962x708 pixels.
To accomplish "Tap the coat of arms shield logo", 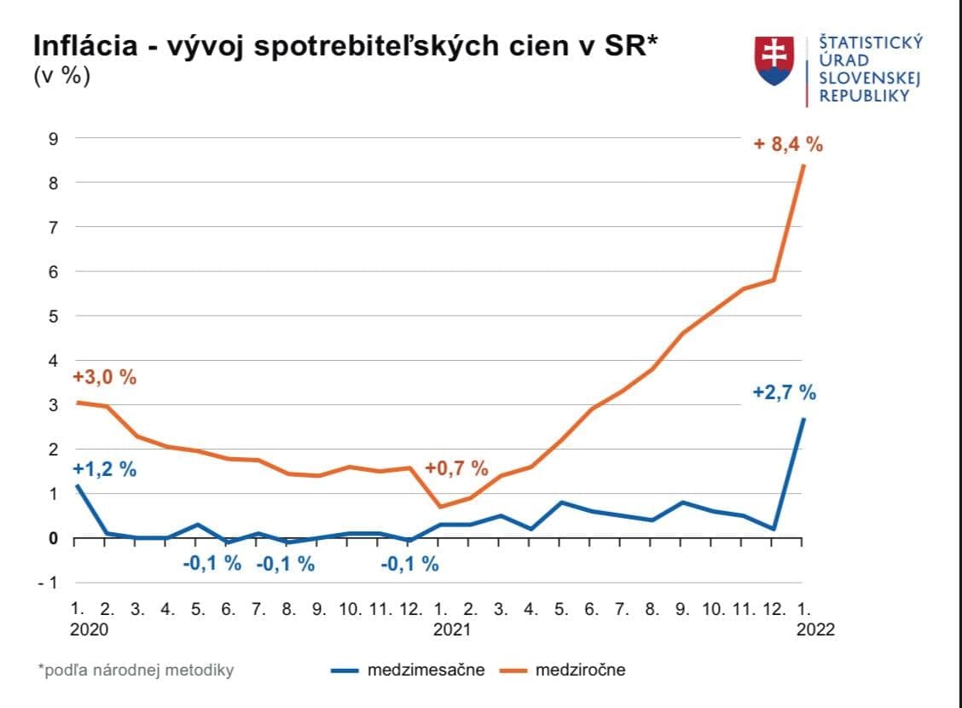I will pyautogui.click(x=774, y=60).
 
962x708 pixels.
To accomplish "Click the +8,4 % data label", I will pyautogui.click(x=788, y=145).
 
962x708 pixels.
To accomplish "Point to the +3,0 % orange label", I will pyautogui.click(x=104, y=377).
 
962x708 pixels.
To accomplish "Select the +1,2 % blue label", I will pyautogui.click(x=104, y=469).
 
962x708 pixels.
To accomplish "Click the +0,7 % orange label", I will pyautogui.click(x=456, y=468).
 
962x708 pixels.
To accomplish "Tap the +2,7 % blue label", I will pyautogui.click(x=784, y=393).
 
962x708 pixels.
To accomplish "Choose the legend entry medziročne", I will pyautogui.click(x=580, y=670).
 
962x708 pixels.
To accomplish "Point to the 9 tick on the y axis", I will pyautogui.click(x=53, y=138).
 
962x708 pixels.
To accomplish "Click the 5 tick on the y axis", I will pyautogui.click(x=53, y=316).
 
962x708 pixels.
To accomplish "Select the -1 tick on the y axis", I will pyautogui.click(x=49, y=583).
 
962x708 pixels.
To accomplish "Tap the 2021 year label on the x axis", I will pyautogui.click(x=452, y=630).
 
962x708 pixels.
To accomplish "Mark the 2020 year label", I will pyautogui.click(x=89, y=630).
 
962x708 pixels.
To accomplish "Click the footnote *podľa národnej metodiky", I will pyautogui.click(x=136, y=670).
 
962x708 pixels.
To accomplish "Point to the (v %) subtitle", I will pyautogui.click(x=61, y=75).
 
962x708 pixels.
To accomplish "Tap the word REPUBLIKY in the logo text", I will pyautogui.click(x=864, y=96).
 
